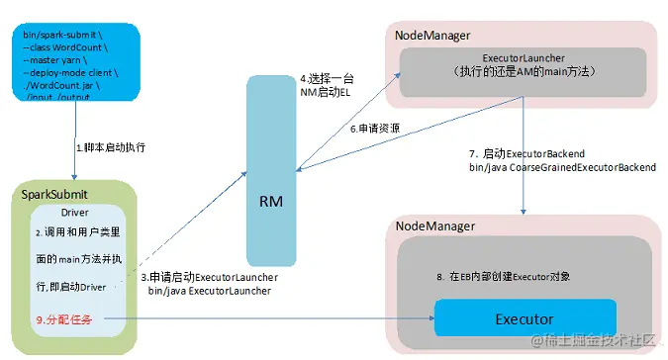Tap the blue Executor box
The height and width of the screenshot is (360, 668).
524,319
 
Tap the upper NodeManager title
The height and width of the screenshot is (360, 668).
432,36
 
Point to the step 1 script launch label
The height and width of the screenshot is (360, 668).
111,147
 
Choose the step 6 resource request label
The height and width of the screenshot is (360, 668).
372,130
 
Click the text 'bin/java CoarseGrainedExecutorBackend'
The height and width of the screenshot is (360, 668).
561,168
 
